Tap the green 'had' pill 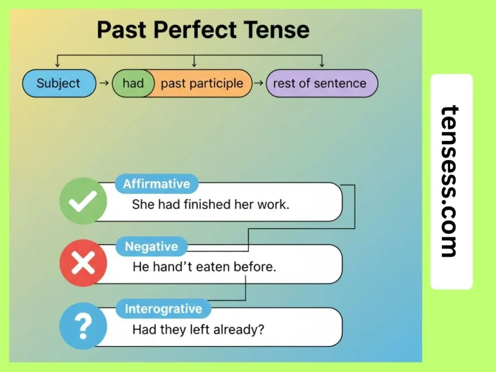point(133,83)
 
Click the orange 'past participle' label point(201,83)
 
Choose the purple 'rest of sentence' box point(320,83)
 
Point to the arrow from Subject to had point(103,83)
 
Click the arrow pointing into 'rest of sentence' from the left point(259,83)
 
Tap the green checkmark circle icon point(83,201)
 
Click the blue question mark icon point(83,326)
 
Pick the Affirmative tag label point(156,184)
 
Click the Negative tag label point(151,247)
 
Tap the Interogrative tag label point(163,309)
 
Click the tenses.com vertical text point(450,182)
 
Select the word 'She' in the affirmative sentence point(142,204)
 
